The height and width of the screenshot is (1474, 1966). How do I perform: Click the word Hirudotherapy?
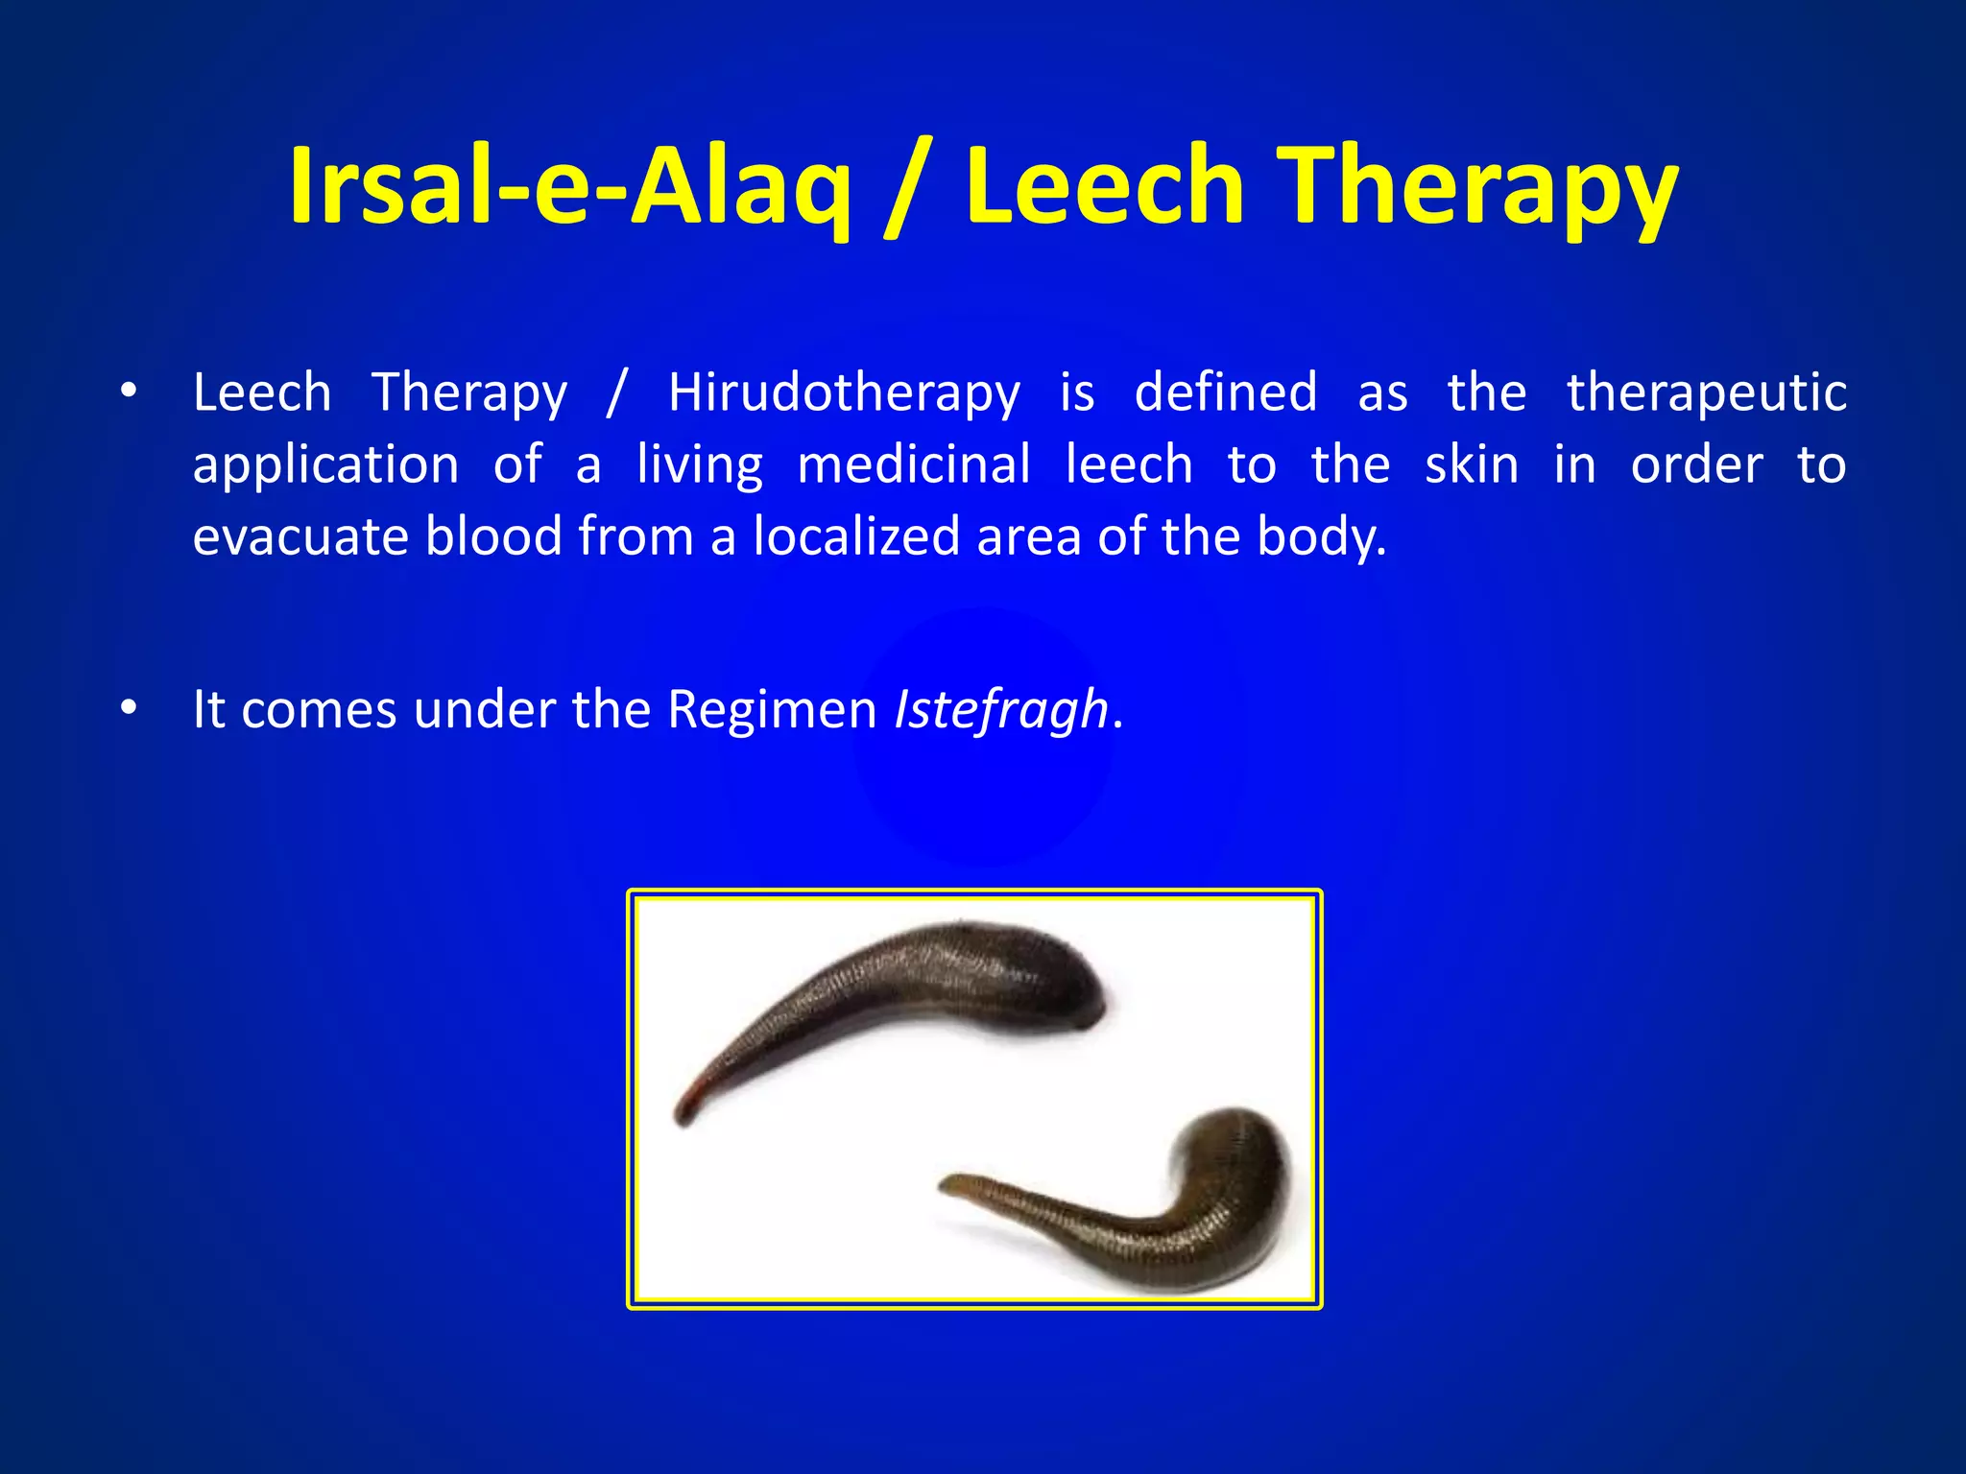(x=844, y=393)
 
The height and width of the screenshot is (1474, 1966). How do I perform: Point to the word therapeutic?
(x=1706, y=393)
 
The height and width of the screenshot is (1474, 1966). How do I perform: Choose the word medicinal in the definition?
(x=913, y=465)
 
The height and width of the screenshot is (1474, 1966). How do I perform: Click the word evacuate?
(x=300, y=536)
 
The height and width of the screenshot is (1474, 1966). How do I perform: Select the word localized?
(x=856, y=536)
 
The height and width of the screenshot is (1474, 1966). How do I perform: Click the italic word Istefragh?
(x=1001, y=710)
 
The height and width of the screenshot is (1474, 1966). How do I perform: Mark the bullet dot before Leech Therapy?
(x=129, y=392)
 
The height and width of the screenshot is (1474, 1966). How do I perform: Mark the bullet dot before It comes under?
(x=129, y=708)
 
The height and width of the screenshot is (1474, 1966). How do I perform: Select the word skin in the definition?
(x=1471, y=465)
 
